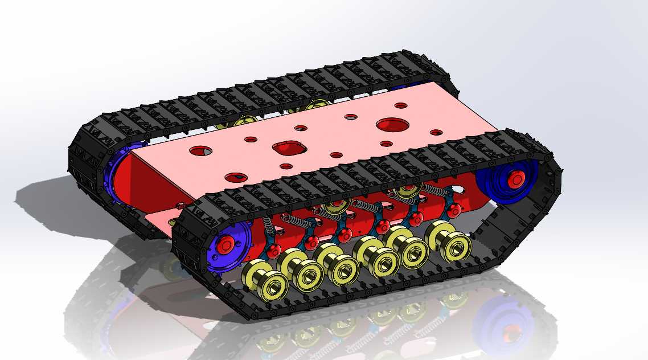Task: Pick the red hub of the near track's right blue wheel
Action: [x=515, y=178]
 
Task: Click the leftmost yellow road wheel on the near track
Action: [x=264, y=281]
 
